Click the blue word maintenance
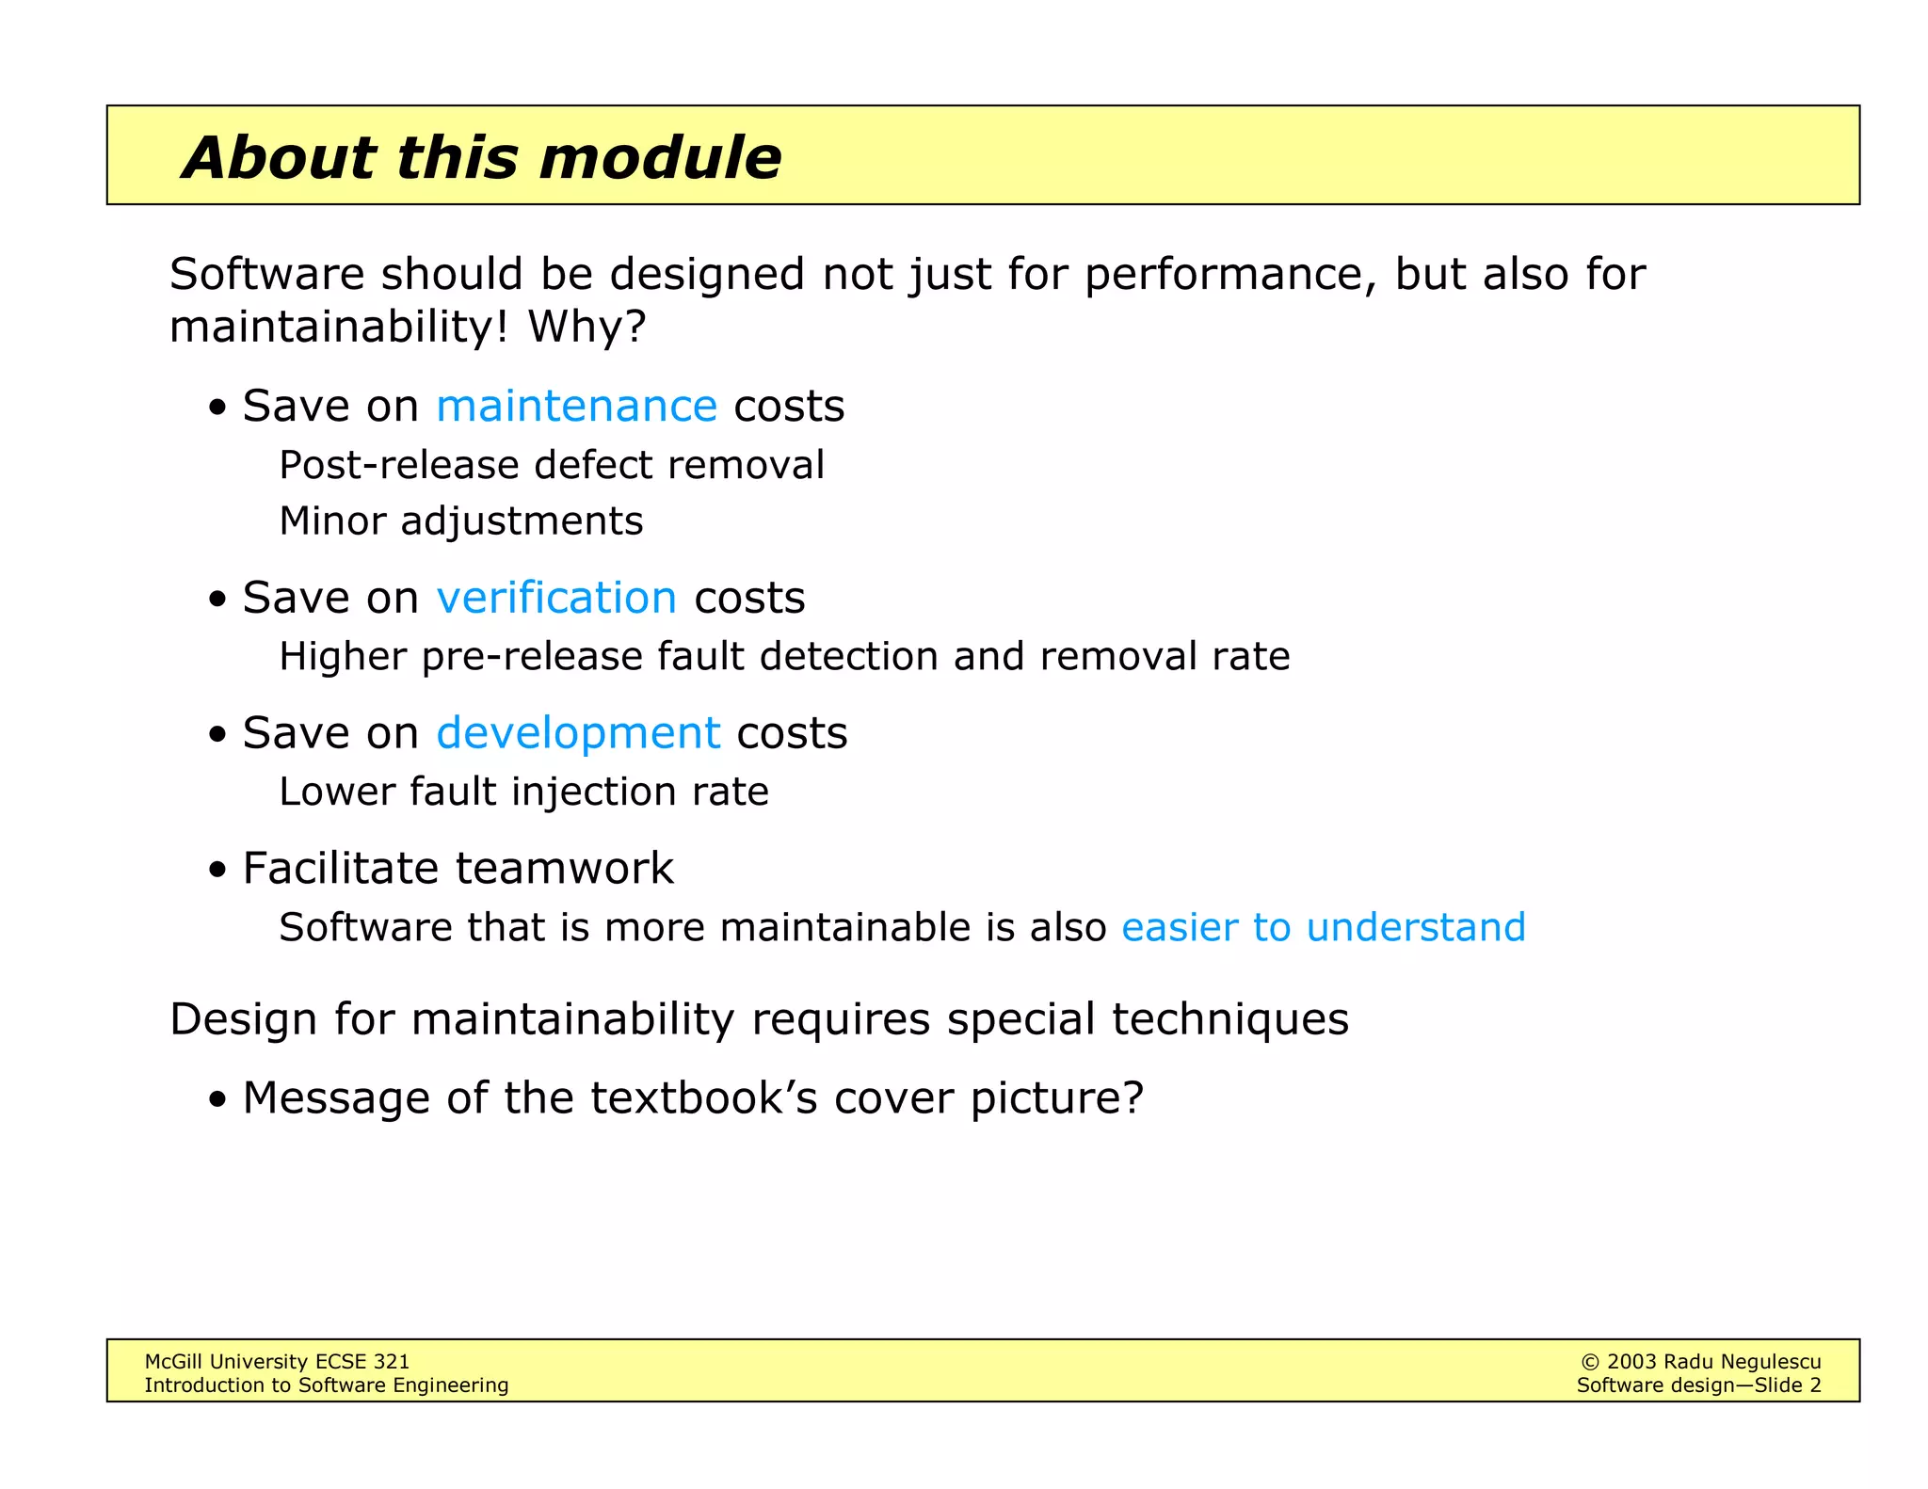pyautogui.click(x=576, y=407)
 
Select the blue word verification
pyautogui.click(x=555, y=598)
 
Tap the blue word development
pyautogui.click(x=577, y=733)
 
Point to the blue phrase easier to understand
pyautogui.click(x=1323, y=928)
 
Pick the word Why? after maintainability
pyautogui.click(x=586, y=328)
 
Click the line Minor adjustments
pyautogui.click(x=460, y=521)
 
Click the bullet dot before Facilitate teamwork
pyautogui.click(x=218, y=871)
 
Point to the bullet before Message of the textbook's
pyautogui.click(x=218, y=1100)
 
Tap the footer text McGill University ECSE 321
pyautogui.click(x=277, y=1362)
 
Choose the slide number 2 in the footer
pyautogui.click(x=1814, y=1385)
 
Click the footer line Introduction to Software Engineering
pyautogui.click(x=326, y=1385)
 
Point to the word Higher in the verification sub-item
pyautogui.click(x=343, y=657)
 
